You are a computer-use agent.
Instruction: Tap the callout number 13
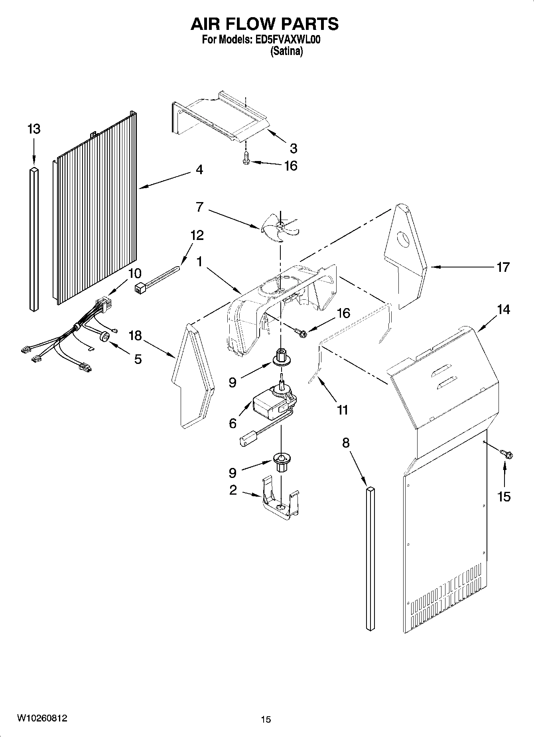[34, 129]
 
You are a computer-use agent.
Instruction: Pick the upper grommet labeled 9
[281, 357]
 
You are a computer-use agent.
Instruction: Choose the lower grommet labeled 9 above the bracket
[281, 462]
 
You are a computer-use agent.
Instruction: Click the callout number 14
[503, 309]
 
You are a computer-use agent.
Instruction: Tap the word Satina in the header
[286, 51]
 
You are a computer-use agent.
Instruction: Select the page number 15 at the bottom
[266, 719]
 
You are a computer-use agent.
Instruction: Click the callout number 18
[135, 336]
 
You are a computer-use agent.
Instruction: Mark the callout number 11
[342, 409]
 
